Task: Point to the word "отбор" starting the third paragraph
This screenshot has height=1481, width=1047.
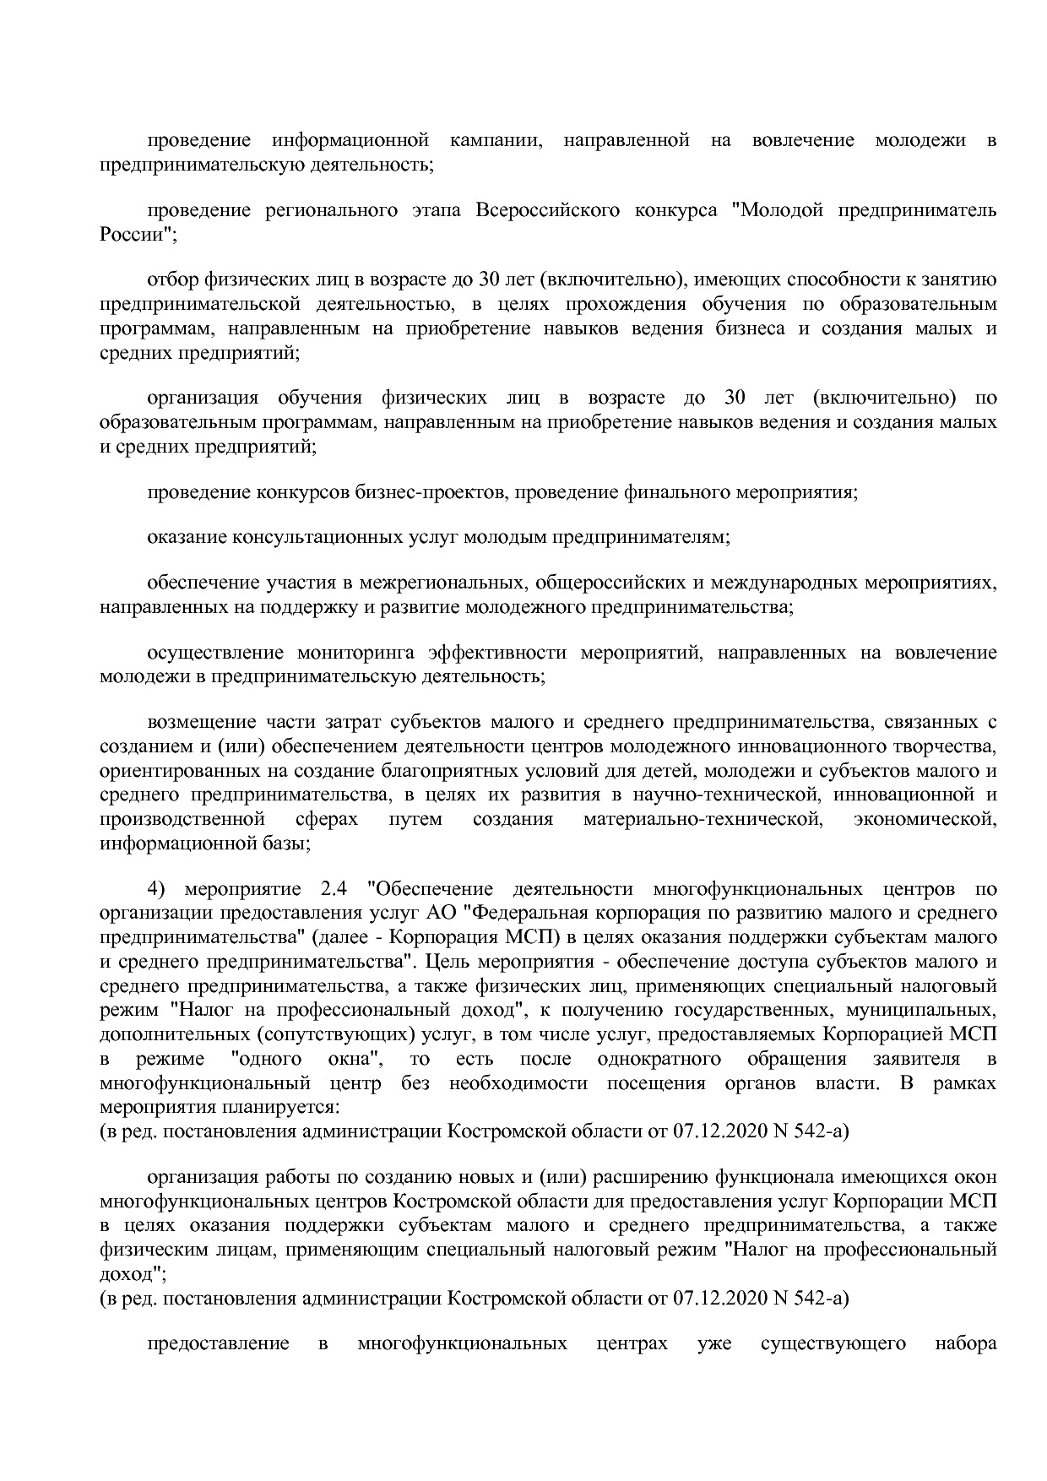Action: (x=169, y=280)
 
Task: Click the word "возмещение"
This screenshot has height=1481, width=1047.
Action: (x=201, y=723)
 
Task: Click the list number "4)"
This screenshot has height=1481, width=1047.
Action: (x=158, y=889)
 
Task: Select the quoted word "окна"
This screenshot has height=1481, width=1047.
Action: (x=362, y=1059)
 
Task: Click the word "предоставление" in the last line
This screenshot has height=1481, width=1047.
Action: (x=218, y=1343)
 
